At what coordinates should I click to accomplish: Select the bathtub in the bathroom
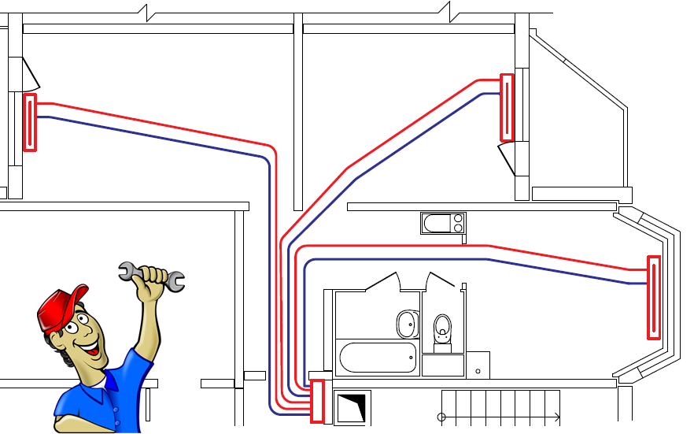[x=378, y=358]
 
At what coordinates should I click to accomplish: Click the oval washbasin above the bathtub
[x=406, y=322]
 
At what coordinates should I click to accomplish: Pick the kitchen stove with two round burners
[x=444, y=224]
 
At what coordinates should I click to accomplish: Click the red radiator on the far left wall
[x=30, y=122]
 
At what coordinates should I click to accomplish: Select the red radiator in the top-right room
[x=508, y=107]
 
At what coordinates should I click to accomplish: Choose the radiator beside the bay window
[x=654, y=298]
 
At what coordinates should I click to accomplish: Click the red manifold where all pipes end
[x=318, y=401]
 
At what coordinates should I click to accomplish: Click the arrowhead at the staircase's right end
[x=556, y=417]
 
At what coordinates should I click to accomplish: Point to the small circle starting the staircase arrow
[x=441, y=417]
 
